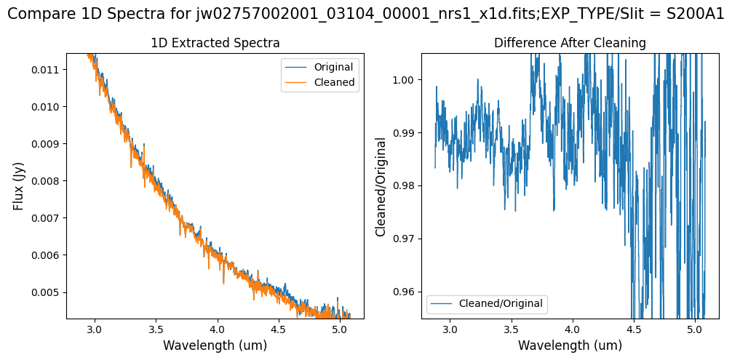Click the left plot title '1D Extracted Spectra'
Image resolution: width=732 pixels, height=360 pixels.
215,44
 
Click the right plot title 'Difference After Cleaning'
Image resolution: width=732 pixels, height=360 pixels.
570,44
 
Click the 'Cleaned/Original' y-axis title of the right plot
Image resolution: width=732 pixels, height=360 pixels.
381,186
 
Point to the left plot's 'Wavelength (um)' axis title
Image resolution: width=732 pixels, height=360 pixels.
215,345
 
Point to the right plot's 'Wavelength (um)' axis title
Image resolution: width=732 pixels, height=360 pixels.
570,345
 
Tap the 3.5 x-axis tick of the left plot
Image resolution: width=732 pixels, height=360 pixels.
156,329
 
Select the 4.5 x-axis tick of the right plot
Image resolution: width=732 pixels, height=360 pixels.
634,329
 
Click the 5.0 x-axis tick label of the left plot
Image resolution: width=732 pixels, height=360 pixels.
339,329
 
